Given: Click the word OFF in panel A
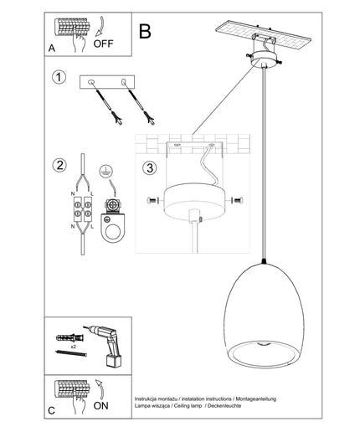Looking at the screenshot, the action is [x=103, y=44].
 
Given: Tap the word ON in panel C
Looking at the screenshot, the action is [x=100, y=406].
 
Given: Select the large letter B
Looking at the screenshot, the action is [x=145, y=31].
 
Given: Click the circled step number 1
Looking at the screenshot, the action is [x=59, y=77].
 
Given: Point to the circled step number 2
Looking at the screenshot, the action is [x=59, y=165].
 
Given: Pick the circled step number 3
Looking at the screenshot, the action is [x=150, y=168].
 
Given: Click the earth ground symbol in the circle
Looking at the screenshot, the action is [x=105, y=172].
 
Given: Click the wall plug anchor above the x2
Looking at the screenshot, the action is [x=69, y=338].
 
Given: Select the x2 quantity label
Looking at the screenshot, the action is [x=74, y=347].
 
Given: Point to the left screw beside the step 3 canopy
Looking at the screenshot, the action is [x=152, y=200].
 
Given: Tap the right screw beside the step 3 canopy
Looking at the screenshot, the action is [x=237, y=200].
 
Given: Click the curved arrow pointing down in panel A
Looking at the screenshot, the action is [x=100, y=27].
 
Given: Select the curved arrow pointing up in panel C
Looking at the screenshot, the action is [x=100, y=389].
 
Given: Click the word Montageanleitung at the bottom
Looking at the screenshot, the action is [x=256, y=399].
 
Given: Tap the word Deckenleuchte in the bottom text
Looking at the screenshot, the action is [x=224, y=406].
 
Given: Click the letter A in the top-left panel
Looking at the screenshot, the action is [x=52, y=49].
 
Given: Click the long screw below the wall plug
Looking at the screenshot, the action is [x=71, y=352].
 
